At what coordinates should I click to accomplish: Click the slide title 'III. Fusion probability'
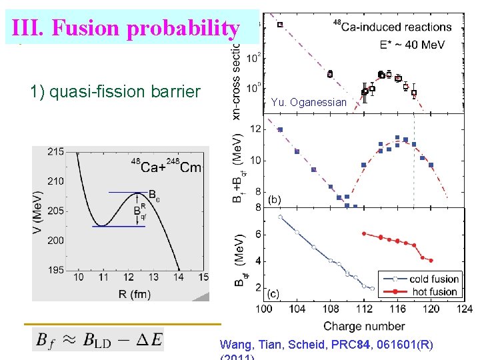(x=125, y=28)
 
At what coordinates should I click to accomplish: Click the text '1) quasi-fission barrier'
(x=115, y=91)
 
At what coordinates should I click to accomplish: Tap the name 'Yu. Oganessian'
(x=309, y=102)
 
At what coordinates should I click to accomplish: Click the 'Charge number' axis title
(x=363, y=326)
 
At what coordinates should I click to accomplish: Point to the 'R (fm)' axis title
(x=131, y=293)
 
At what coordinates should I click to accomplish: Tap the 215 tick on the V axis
(x=56, y=152)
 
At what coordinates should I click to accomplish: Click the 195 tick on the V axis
(x=56, y=269)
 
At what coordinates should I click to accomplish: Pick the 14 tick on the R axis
(x=179, y=277)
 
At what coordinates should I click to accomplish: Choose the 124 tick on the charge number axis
(x=463, y=309)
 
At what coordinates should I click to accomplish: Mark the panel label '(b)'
(x=274, y=199)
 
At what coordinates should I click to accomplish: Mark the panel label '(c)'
(x=274, y=294)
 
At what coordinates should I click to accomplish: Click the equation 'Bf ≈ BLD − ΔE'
(x=98, y=339)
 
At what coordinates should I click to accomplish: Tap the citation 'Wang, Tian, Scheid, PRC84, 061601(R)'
(x=326, y=345)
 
